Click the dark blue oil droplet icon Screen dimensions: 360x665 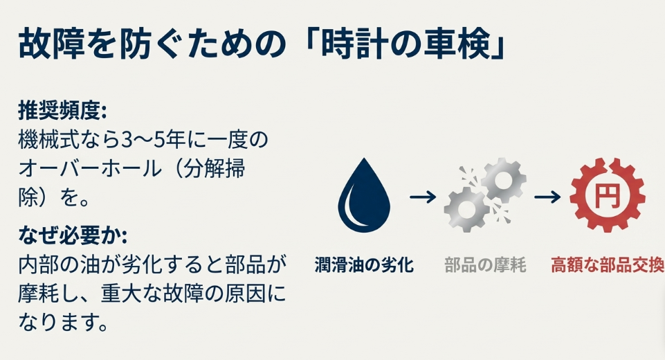[363, 197]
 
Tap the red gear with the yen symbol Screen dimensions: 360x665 [607, 196]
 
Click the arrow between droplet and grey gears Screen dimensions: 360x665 [423, 197]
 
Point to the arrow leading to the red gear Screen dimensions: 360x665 [547, 197]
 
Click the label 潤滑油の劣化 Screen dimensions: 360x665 [364, 264]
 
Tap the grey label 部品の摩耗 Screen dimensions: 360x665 [485, 264]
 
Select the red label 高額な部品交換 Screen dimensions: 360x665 [607, 264]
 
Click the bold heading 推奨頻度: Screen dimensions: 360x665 [62, 112]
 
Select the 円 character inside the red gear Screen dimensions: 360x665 [607, 197]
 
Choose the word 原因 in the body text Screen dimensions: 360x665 [233, 294]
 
